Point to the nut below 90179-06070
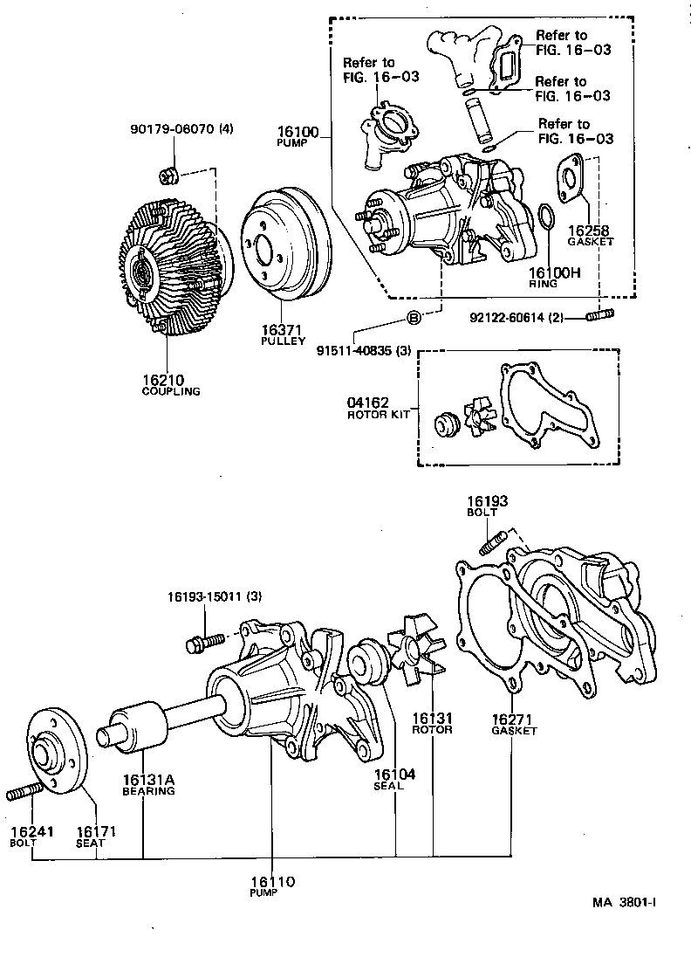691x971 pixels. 171,177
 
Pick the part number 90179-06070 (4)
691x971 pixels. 181,129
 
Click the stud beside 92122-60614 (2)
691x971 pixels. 601,315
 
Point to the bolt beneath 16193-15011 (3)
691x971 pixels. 199,645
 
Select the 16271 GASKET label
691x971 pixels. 513,723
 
